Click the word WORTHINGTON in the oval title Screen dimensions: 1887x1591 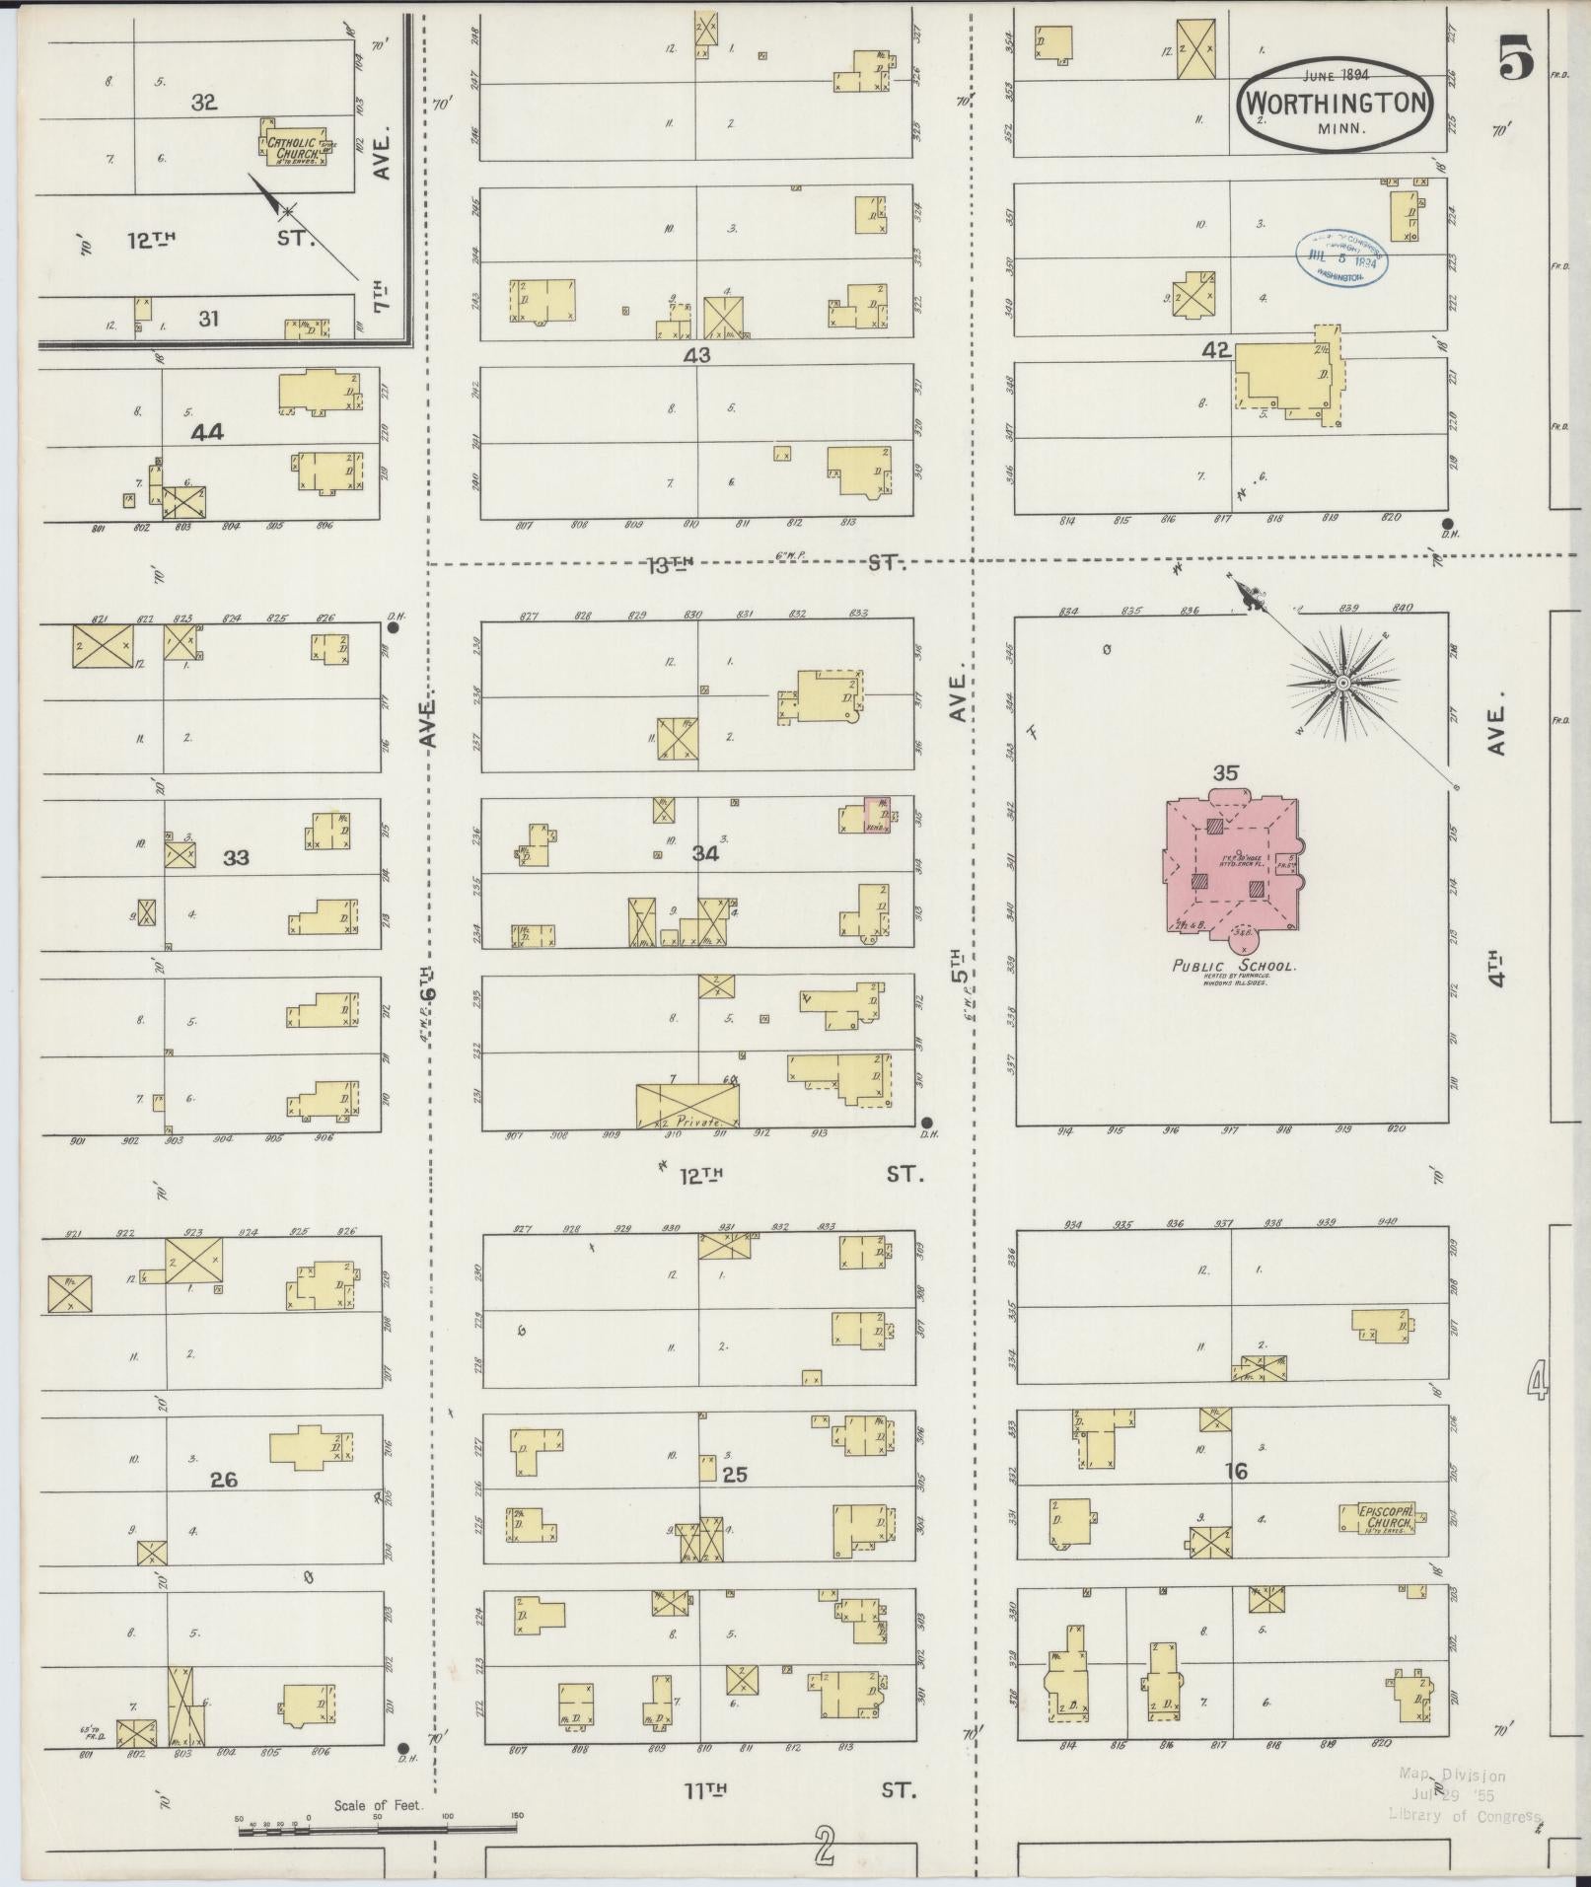pos(1335,103)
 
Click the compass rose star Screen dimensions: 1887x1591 pos(1342,683)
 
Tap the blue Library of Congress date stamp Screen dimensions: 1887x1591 pos(1341,258)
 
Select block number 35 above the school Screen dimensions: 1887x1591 pos(1225,773)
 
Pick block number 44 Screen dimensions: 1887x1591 pos(207,431)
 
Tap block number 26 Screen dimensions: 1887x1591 pos(224,1480)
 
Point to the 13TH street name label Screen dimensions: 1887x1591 pos(671,564)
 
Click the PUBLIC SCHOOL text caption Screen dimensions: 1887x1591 pos(1233,967)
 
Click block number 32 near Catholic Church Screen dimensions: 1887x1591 pos(203,103)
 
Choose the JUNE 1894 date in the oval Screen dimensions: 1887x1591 pos(1334,75)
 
